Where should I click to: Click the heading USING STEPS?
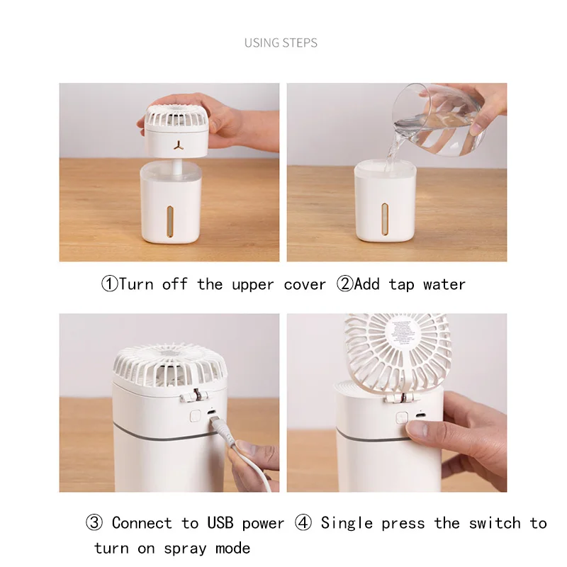pyautogui.click(x=281, y=43)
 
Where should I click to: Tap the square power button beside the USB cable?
pyautogui.click(x=193, y=415)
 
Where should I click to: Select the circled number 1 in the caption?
pyautogui.click(x=109, y=284)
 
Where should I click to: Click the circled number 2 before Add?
pyautogui.click(x=344, y=284)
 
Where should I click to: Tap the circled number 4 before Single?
pyautogui.click(x=303, y=523)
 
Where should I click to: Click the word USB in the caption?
pyautogui.click(x=220, y=523)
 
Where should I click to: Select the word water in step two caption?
pyautogui.click(x=444, y=284)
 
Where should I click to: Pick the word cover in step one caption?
pyautogui.click(x=305, y=284)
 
